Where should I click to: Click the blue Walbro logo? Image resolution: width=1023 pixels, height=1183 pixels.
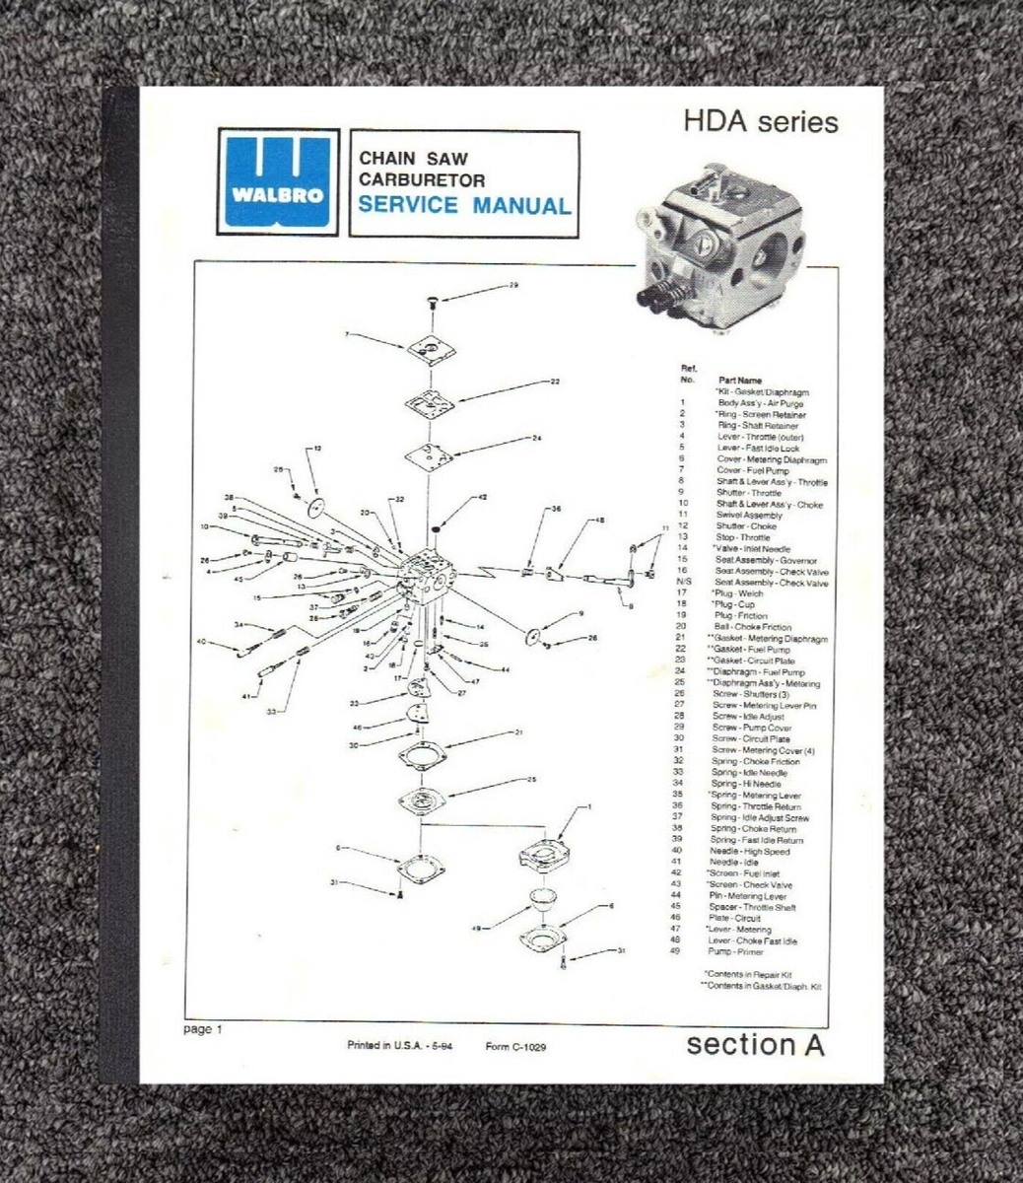point(277,181)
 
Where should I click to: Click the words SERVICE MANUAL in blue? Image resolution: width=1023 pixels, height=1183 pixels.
point(463,206)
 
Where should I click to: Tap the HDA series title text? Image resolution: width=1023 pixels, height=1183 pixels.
point(760,122)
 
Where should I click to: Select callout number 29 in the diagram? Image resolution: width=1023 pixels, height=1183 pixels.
point(512,286)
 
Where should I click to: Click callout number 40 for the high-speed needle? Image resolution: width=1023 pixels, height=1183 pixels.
point(201,642)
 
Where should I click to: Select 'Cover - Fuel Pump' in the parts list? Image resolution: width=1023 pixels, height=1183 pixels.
point(755,470)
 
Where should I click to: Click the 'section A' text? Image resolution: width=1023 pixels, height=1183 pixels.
point(755,1044)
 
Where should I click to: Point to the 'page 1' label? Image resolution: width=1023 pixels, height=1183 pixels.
point(203,1029)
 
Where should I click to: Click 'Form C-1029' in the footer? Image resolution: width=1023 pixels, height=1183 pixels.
point(515,1047)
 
